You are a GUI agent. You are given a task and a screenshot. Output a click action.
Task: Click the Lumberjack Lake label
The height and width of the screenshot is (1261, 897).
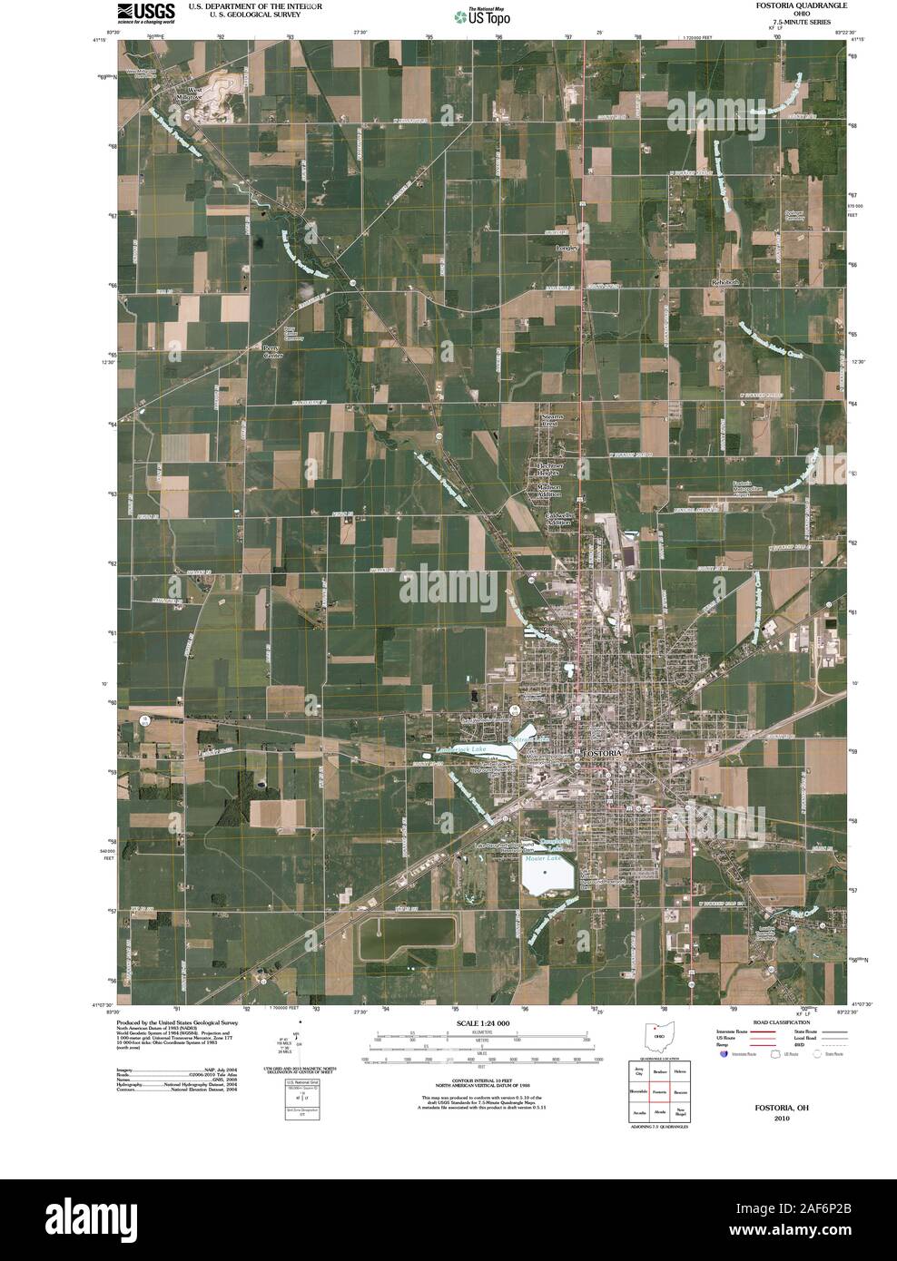(460, 749)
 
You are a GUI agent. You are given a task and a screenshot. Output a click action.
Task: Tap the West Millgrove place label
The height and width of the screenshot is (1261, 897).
(191, 93)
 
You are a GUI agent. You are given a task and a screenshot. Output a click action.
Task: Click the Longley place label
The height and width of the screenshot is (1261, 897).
(567, 247)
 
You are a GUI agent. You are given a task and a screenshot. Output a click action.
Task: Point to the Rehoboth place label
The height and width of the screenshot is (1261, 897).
(726, 282)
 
